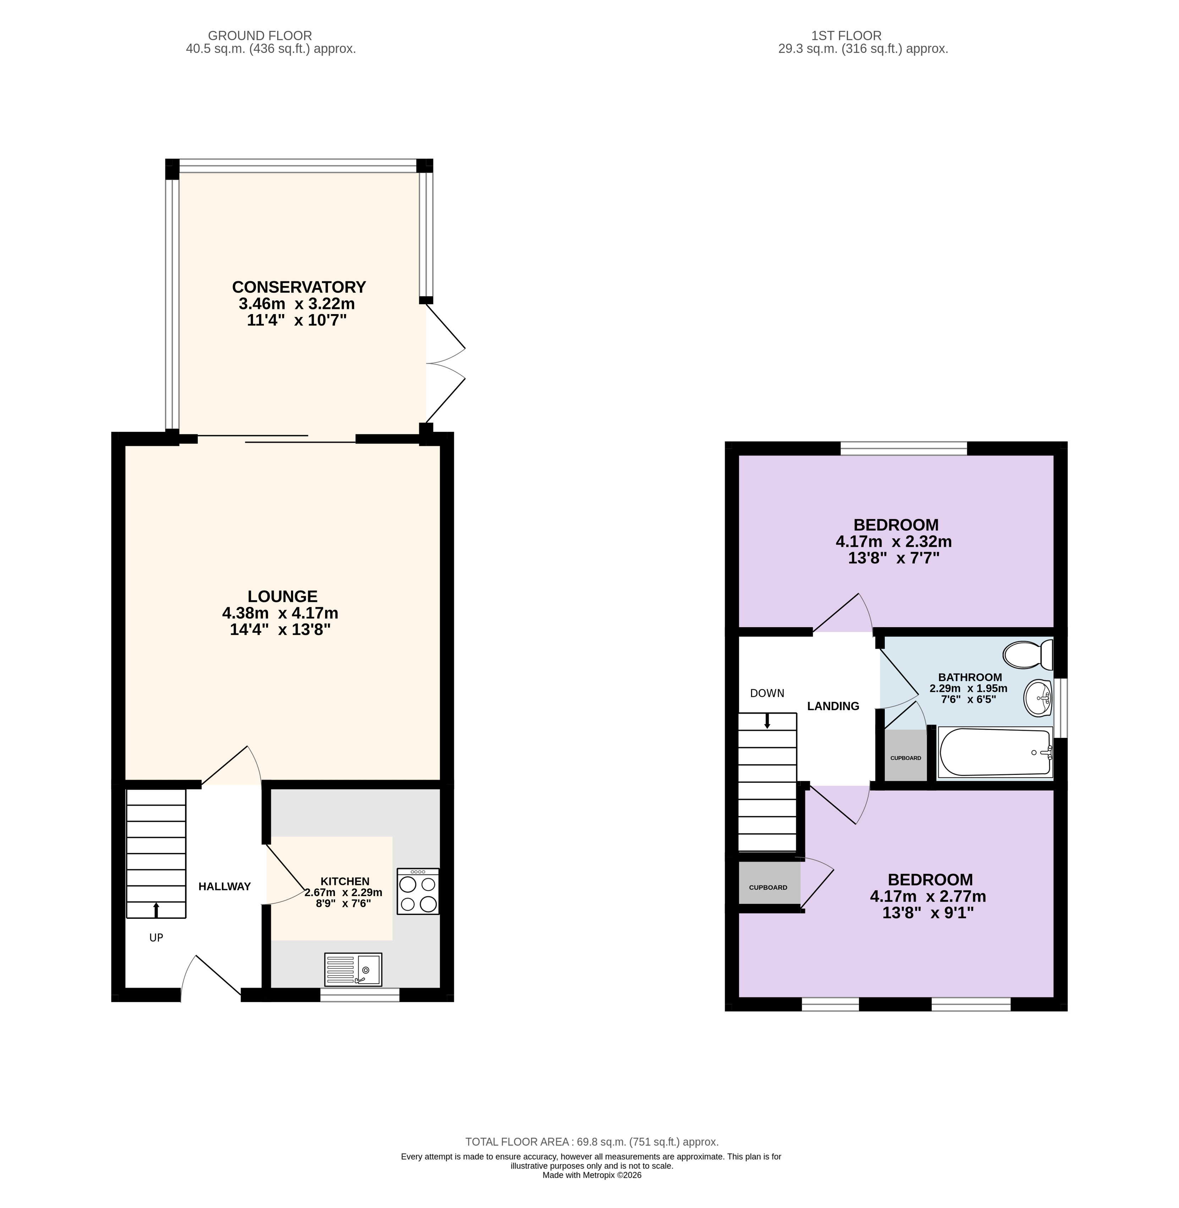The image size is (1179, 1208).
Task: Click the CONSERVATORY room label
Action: tap(299, 287)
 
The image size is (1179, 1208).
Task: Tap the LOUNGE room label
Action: tap(283, 596)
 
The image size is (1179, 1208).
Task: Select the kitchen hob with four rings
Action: tap(418, 891)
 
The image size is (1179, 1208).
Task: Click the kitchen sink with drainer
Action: tap(353, 969)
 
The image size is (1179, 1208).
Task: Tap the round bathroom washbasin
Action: tap(1038, 698)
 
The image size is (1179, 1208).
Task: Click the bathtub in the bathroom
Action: tap(995, 752)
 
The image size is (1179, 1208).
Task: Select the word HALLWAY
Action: tap(224, 886)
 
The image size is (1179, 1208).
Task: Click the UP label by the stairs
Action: tap(156, 938)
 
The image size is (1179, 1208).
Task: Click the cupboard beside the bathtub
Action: tap(905, 756)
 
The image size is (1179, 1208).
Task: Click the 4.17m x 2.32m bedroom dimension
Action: tap(894, 542)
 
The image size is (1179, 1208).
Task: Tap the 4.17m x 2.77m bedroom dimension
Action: tap(928, 896)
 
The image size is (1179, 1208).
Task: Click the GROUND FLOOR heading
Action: tap(260, 36)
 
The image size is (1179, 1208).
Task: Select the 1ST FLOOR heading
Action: tap(846, 36)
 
